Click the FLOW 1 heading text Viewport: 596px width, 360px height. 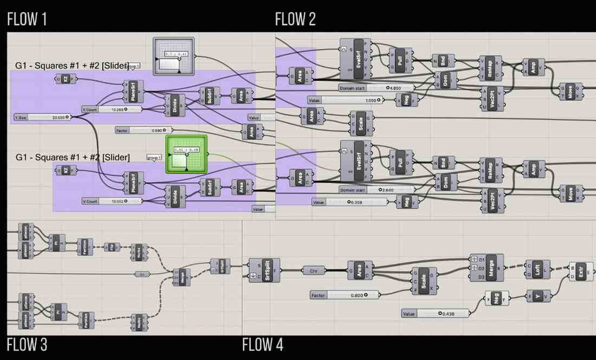click(27, 20)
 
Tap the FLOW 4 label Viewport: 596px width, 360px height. click(262, 344)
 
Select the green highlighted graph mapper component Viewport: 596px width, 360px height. click(187, 155)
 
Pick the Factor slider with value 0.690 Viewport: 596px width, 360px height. click(144, 130)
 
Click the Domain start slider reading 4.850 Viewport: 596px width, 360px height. click(376, 87)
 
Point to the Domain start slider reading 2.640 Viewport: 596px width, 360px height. click(376, 190)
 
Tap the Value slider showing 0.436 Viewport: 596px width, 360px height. click(436, 313)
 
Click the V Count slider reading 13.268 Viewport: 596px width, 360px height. click(112, 110)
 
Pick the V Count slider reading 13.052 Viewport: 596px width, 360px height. click(112, 201)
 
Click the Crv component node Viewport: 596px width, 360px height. click(314, 270)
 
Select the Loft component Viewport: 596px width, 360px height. click(537, 269)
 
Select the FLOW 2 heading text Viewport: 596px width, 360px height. click(295, 20)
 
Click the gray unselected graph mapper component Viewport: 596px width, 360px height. click(173, 56)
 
